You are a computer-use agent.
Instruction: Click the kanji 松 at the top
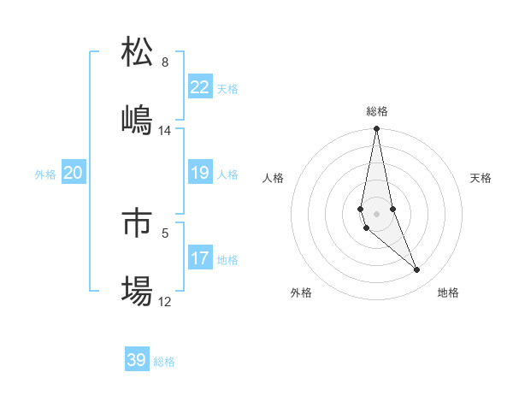click(x=137, y=52)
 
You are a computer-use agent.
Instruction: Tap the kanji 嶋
click(x=137, y=121)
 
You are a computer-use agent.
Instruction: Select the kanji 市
click(x=137, y=223)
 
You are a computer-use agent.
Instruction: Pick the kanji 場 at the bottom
click(x=137, y=292)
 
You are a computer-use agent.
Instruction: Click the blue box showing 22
click(x=199, y=87)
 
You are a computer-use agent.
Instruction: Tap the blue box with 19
click(x=199, y=174)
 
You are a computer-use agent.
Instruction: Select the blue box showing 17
click(x=199, y=258)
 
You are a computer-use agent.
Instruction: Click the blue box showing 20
click(x=73, y=174)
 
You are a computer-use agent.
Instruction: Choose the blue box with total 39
click(x=137, y=360)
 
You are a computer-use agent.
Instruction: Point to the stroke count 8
click(x=165, y=62)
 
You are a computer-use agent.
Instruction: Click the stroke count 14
click(x=165, y=131)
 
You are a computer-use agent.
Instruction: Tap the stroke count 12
click(x=165, y=302)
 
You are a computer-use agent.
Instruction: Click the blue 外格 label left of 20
click(x=45, y=174)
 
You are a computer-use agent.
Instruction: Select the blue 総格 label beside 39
click(x=164, y=362)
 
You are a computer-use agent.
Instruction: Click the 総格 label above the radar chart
click(x=377, y=111)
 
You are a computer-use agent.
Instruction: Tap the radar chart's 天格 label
click(x=481, y=178)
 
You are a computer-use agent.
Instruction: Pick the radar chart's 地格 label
click(x=448, y=293)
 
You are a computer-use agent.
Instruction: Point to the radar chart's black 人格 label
click(x=274, y=178)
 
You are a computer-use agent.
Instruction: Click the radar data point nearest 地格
click(x=417, y=270)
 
